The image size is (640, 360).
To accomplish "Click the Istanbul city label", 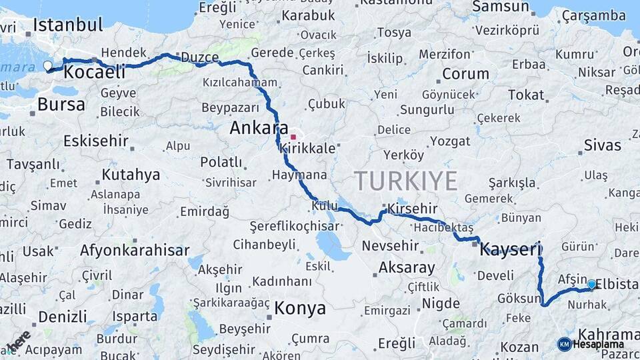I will [x=68, y=25].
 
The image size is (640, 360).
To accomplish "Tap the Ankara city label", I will [x=259, y=127].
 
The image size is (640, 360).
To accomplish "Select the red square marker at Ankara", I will [x=293, y=137].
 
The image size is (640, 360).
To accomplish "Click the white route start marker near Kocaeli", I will [x=47, y=65].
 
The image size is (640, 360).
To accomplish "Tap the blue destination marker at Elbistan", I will [x=591, y=284].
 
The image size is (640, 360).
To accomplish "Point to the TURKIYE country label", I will [x=405, y=181].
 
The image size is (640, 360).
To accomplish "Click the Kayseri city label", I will [x=511, y=249].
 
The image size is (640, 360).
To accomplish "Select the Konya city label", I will [x=300, y=308].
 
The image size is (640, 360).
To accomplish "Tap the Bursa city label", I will [x=61, y=104].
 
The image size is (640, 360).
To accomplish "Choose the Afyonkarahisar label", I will [x=135, y=251].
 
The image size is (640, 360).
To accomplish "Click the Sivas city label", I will [x=602, y=145].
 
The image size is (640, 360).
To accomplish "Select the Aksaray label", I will [x=407, y=268].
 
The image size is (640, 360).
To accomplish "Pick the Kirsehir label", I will [x=412, y=209].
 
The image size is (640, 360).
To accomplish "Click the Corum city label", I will [x=465, y=73].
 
